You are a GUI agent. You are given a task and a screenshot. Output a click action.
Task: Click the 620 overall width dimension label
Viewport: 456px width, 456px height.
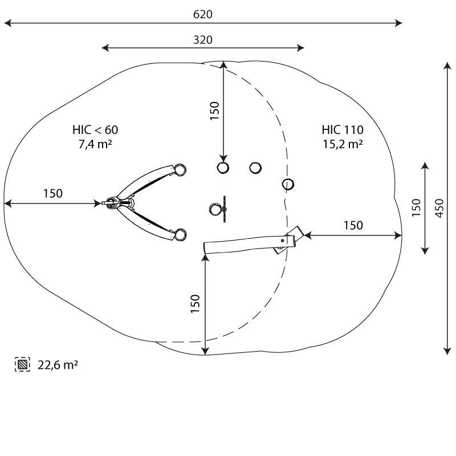(x=203, y=14)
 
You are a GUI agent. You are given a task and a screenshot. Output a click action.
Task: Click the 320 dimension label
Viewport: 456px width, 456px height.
(x=203, y=40)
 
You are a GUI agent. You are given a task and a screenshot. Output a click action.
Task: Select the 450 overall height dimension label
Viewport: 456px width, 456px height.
(x=439, y=208)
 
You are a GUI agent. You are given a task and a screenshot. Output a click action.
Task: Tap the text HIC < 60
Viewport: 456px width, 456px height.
(x=95, y=130)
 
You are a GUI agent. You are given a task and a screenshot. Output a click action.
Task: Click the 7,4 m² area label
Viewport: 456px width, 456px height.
(x=95, y=144)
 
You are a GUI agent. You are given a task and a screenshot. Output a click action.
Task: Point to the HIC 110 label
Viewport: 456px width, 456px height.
(x=343, y=130)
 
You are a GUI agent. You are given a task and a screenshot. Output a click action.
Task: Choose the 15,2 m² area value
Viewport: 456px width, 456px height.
(x=343, y=144)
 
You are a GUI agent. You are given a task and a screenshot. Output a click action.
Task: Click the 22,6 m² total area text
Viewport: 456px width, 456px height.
(x=58, y=365)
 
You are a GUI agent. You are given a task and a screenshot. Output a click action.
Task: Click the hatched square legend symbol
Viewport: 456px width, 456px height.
(x=22, y=364)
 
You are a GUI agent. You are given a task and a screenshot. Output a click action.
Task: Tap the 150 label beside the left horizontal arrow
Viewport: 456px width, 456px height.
(x=52, y=193)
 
